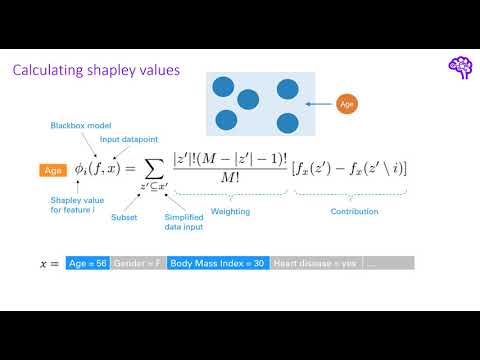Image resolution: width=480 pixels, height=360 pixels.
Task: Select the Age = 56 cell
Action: click(88, 263)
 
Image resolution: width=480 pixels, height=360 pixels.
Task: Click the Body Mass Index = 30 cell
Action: click(218, 263)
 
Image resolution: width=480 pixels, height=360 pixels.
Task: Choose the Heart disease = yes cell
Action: click(314, 263)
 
